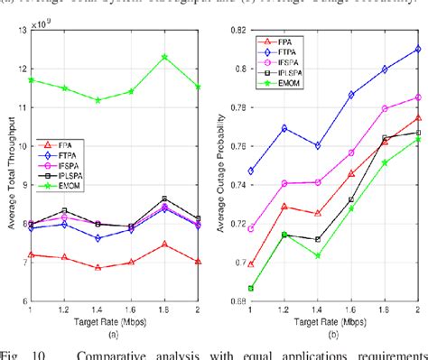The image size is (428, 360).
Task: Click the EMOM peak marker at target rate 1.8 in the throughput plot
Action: [x=163, y=57]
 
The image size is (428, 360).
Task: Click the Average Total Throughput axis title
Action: [x=9, y=166]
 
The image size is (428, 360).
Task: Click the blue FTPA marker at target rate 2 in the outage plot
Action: [x=417, y=50]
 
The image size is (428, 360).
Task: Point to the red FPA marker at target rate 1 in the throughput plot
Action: [x=33, y=254]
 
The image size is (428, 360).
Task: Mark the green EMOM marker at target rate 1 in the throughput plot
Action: [x=33, y=79]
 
